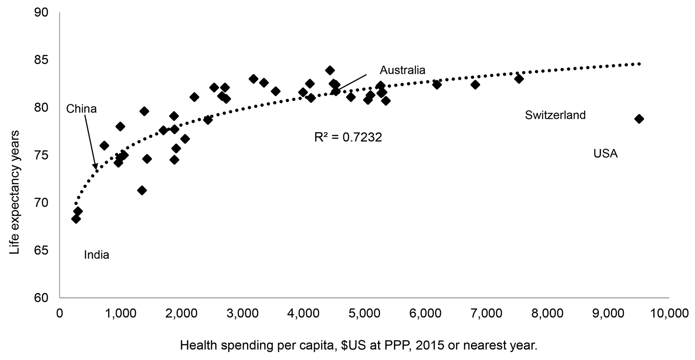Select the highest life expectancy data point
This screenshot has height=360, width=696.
point(330,71)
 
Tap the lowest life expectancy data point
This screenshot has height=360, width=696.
point(76,219)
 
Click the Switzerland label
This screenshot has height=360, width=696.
point(555,116)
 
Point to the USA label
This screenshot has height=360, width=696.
point(606,154)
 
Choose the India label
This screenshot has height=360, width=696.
point(97,255)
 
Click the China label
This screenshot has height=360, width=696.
point(81,109)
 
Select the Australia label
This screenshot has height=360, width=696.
point(402,71)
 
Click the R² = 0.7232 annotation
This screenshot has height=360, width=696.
point(348,137)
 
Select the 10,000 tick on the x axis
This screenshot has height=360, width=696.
point(668,314)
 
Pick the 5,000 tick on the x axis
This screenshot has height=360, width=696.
point(364,314)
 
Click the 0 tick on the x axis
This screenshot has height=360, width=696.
point(59,314)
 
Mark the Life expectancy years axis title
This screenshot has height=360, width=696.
point(17,155)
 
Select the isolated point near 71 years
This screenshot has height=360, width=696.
point(142,190)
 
